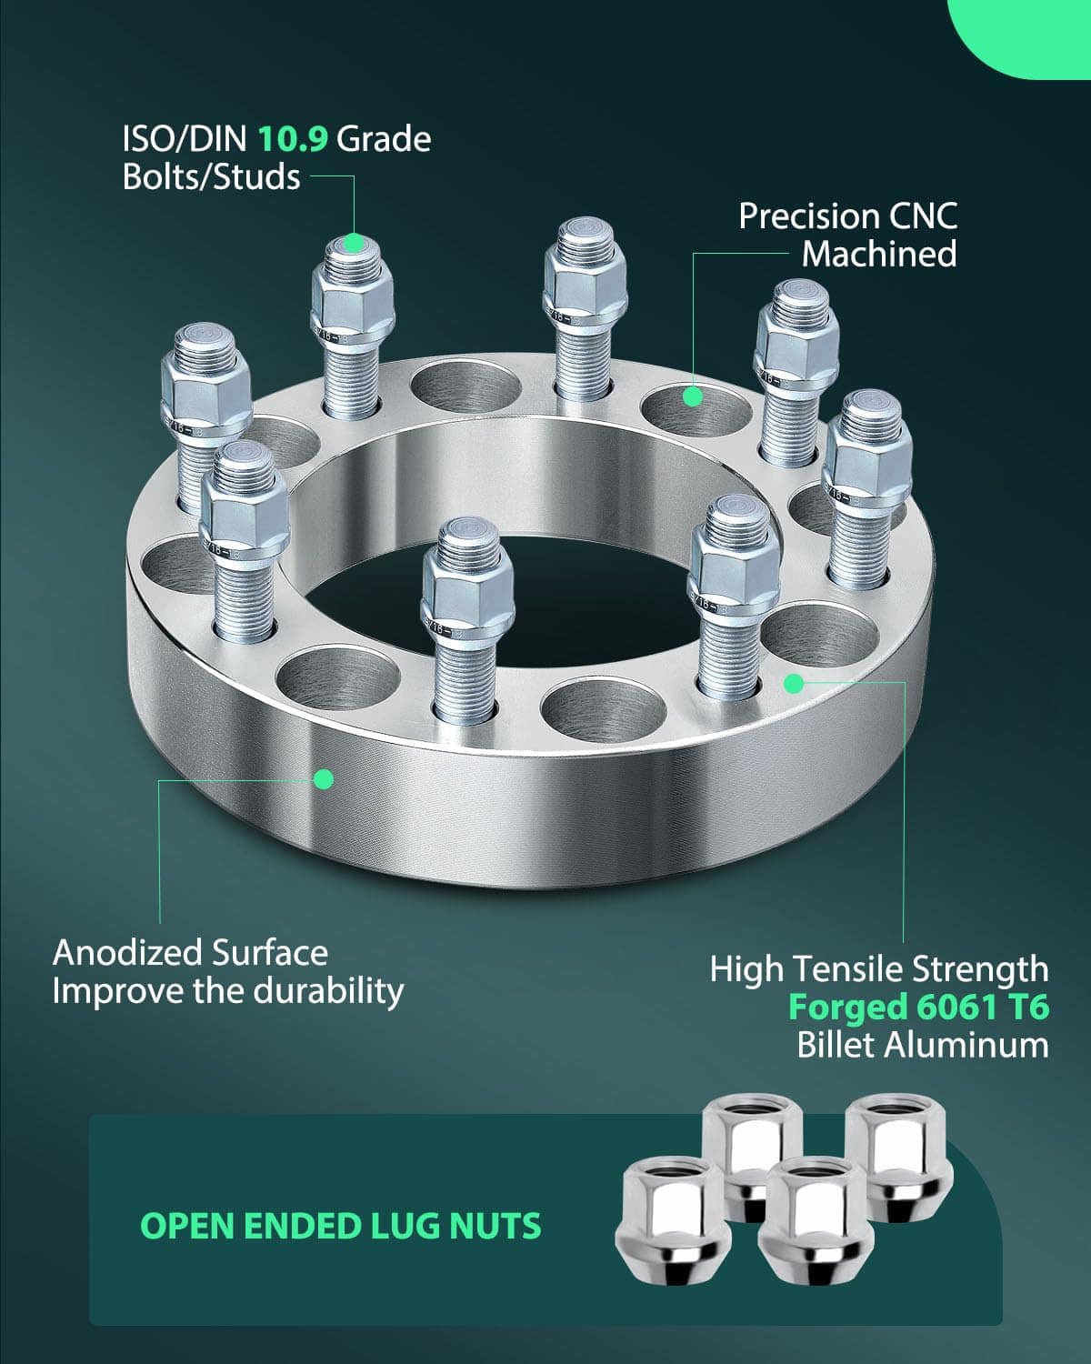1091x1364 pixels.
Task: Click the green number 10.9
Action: pyautogui.click(x=292, y=139)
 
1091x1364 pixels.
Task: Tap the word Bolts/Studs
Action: pyautogui.click(x=211, y=176)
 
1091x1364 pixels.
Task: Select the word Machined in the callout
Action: pyautogui.click(x=878, y=255)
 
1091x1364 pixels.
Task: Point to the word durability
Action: pyautogui.click(x=328, y=991)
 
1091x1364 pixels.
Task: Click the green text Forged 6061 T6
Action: pyautogui.click(x=918, y=1007)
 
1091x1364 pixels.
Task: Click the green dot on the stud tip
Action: pyautogui.click(x=354, y=243)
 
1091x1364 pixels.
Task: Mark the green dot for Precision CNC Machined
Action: pyautogui.click(x=693, y=396)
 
